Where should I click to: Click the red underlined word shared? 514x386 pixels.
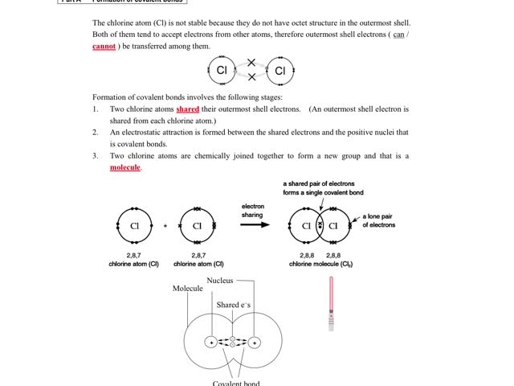[187, 109]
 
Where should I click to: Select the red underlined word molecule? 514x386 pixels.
[125, 167]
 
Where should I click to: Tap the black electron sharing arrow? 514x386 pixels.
[255, 224]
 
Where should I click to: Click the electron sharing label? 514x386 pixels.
[252, 211]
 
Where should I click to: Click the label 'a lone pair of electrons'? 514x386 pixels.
[378, 221]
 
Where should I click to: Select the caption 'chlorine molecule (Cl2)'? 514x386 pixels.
[320, 264]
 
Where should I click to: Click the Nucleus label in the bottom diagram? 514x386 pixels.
[220, 281]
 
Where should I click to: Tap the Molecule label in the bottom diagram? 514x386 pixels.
[188, 289]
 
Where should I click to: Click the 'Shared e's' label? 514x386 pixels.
[233, 306]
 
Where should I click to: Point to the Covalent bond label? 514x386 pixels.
[236, 383]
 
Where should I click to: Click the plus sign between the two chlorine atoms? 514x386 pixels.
[165, 226]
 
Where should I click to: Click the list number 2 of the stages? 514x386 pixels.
[95, 132]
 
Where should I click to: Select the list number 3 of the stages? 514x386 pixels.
[95, 156]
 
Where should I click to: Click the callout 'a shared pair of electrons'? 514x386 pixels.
[319, 184]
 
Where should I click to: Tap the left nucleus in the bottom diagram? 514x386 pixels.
[211, 342]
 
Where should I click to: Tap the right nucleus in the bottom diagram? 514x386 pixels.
[255, 342]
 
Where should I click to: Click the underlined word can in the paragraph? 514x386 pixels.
[398, 35]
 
